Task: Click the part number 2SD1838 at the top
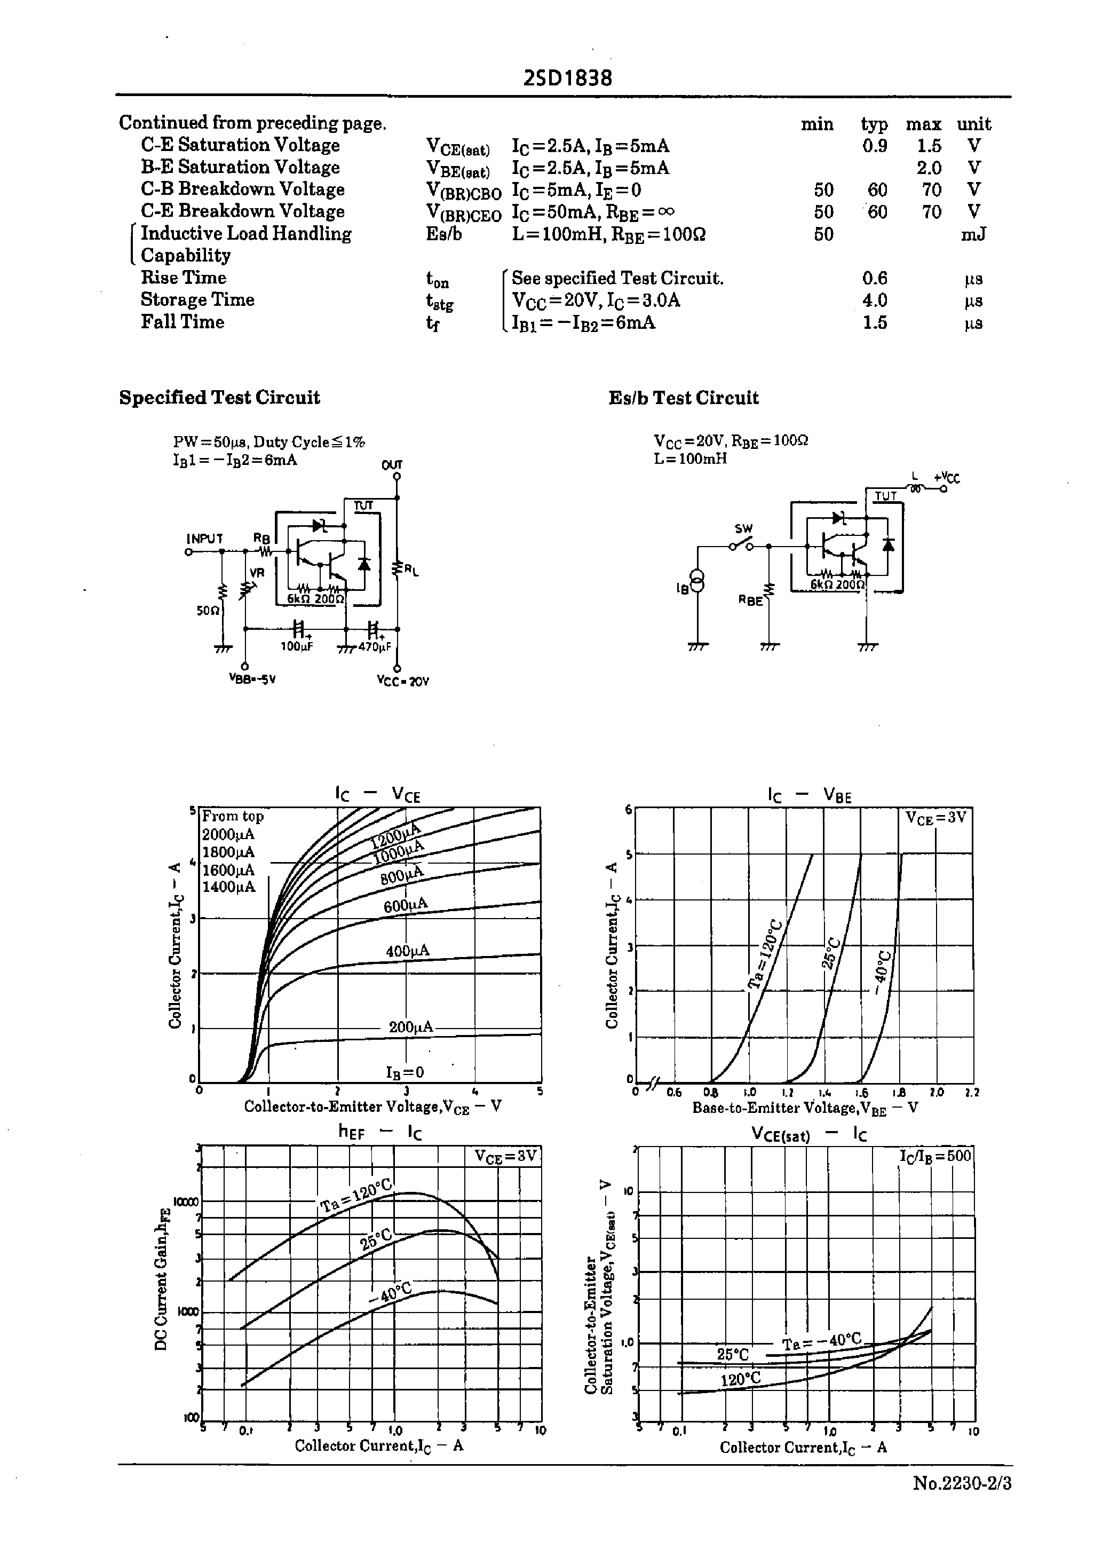(x=567, y=78)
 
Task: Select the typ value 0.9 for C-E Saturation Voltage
(x=874, y=146)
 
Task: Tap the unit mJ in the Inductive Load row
(x=973, y=234)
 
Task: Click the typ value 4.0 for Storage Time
(x=874, y=300)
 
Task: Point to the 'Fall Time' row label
(x=183, y=322)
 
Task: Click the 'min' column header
(x=817, y=124)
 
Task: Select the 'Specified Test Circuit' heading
(x=219, y=398)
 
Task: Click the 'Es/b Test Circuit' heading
(x=684, y=398)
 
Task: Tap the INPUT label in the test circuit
(x=205, y=539)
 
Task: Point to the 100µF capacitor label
(x=297, y=646)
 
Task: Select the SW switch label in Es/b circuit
(x=743, y=528)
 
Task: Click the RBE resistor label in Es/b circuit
(x=750, y=601)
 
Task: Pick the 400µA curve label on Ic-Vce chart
(x=407, y=951)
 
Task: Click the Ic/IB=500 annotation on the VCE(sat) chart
(x=934, y=1155)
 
